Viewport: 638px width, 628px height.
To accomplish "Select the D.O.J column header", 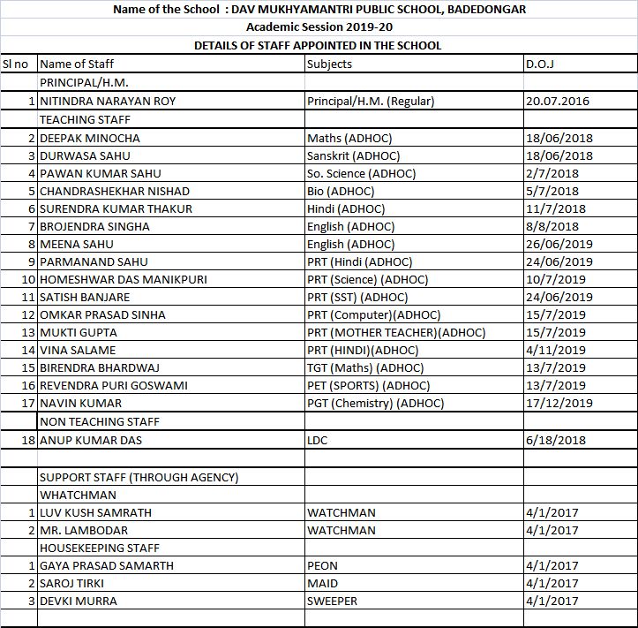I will point(539,64).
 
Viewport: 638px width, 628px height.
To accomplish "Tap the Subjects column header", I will point(329,64).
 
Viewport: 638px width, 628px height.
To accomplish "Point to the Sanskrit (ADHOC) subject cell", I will point(350,155).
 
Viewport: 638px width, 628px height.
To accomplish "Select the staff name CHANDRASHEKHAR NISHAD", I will point(115,191).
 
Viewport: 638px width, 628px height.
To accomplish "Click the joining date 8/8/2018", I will point(552,226).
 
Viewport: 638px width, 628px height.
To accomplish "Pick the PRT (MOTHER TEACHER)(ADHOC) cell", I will point(396,332).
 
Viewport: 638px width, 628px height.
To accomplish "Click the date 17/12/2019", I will point(559,403).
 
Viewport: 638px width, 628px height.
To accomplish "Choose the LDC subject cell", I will point(318,440).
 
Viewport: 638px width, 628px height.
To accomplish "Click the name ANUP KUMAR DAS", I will point(91,440).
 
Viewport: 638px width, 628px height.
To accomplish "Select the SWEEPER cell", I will point(333,601).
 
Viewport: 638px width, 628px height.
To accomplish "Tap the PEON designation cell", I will point(322,565).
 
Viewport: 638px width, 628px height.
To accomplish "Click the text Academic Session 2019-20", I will point(319,27).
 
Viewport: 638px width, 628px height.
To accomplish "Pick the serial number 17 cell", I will point(27,403).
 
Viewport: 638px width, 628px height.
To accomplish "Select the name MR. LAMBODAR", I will point(84,530).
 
